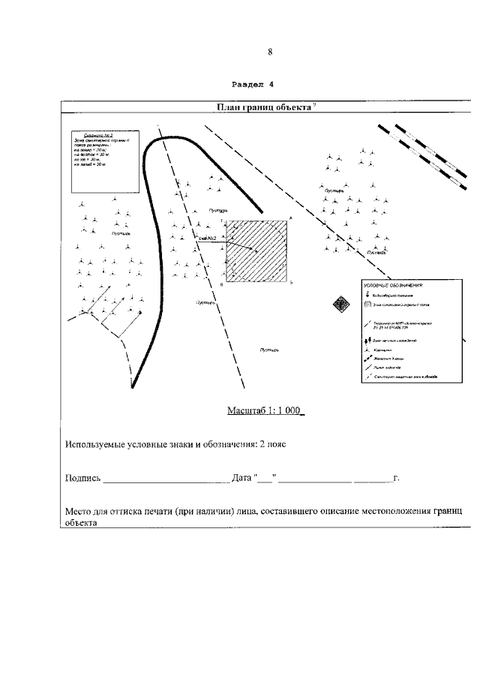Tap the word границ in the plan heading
click(265, 107)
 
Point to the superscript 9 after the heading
click(314, 105)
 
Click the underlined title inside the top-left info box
click(89, 136)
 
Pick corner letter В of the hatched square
click(223, 285)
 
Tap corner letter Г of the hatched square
click(223, 218)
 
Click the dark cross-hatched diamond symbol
click(342, 304)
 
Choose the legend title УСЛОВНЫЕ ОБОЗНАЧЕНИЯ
click(394, 286)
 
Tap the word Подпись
click(82, 478)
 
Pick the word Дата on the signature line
click(241, 478)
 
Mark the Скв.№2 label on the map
click(206, 238)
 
